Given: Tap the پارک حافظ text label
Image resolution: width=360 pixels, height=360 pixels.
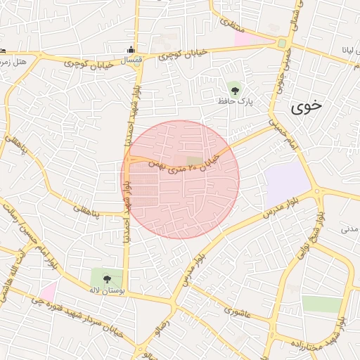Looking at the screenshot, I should point(234,102).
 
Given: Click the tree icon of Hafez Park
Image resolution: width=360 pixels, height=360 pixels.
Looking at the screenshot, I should point(234,89).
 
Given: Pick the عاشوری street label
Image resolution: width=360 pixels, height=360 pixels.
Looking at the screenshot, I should point(237,310).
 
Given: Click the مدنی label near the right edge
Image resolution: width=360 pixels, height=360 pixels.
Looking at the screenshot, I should point(349,229).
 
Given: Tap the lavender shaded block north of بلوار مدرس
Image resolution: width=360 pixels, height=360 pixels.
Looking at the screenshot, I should point(286,184).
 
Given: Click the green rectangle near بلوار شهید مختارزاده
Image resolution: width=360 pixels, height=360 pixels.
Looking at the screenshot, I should point(321,304).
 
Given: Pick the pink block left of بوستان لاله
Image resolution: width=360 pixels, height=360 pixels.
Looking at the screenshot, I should point(48,290).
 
